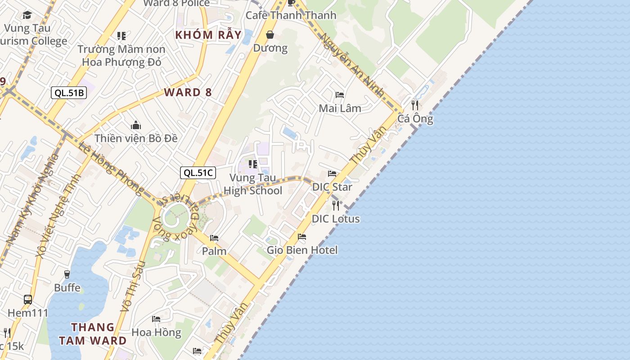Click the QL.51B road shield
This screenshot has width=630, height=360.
(68, 93)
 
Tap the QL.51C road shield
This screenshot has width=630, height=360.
(198, 172)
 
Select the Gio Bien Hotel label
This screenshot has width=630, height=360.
(302, 250)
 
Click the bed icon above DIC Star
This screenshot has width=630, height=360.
(332, 174)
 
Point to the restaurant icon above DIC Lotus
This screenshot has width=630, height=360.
(336, 205)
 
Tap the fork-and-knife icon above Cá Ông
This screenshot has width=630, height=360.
(415, 105)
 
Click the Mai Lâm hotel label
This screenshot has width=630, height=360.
(340, 108)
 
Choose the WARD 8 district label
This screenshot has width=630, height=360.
(188, 93)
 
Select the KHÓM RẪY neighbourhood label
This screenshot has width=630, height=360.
(208, 35)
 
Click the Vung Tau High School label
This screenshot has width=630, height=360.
(253, 184)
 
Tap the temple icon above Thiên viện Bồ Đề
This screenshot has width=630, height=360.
(136, 125)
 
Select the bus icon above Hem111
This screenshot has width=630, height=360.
(27, 299)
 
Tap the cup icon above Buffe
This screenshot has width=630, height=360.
(67, 274)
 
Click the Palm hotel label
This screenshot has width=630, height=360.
(214, 251)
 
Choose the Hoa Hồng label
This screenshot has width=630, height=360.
(156, 333)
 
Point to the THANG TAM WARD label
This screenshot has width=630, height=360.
(93, 333)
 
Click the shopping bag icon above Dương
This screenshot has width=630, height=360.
(270, 35)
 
